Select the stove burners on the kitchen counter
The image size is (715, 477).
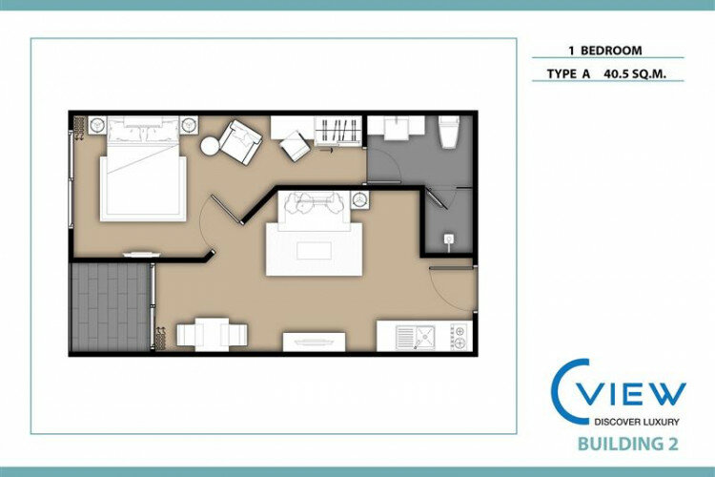(460, 338)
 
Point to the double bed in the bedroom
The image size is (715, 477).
(143, 169)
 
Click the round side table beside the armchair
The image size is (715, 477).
(210, 147)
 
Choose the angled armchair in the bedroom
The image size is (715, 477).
(240, 142)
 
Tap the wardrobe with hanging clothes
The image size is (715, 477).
(337, 131)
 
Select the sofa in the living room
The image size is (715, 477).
(315, 211)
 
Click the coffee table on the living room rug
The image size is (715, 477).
(314, 251)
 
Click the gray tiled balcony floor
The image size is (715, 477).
(111, 307)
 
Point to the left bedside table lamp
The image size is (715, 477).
(97, 125)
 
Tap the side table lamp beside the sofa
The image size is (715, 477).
(360, 200)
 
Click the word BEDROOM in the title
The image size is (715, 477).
(611, 51)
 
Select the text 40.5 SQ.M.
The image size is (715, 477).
(635, 73)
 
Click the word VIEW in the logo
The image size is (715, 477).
(634, 395)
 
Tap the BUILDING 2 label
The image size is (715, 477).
(628, 444)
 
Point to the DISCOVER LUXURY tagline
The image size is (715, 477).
(637, 422)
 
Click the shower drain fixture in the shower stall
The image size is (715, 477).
(449, 239)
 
